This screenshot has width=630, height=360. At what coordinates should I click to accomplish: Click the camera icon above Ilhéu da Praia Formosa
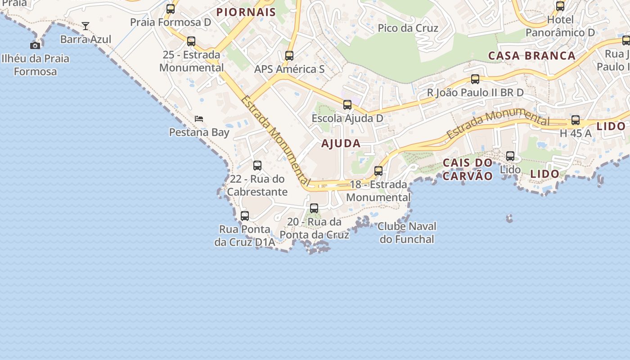point(35,45)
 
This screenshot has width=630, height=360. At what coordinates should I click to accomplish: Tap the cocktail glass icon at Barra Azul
point(85,26)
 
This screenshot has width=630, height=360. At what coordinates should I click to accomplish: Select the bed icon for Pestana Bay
point(199,119)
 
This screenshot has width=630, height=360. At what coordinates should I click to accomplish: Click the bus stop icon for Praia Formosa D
point(171,9)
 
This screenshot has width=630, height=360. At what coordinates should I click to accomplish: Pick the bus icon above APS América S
point(289,56)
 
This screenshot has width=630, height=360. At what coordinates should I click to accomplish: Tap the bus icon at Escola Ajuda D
point(347,105)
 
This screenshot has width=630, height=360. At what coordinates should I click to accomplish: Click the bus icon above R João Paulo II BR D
point(475,79)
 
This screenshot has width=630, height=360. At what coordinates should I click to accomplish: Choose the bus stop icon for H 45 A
point(576,120)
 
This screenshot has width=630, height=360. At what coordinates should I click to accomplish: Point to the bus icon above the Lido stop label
point(510,156)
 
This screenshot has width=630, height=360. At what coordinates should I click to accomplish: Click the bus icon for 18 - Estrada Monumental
point(378,171)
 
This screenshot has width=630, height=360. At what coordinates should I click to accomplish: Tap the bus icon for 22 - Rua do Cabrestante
point(257,166)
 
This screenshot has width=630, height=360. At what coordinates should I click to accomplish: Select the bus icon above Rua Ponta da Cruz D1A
point(245,216)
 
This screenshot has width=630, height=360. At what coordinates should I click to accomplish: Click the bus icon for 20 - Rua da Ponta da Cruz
point(314,208)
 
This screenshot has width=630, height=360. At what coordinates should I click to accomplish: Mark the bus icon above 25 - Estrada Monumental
point(191,41)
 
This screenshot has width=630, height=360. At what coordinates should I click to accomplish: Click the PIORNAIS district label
point(246,12)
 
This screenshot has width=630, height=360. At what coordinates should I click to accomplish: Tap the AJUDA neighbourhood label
point(341,144)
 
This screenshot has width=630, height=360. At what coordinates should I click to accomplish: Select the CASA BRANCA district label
point(532,56)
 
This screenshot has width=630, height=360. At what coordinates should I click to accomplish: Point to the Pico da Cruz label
point(408,28)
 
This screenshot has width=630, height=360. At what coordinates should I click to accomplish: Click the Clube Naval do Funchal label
point(407,233)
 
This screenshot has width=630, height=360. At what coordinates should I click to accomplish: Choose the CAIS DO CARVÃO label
point(468,169)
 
